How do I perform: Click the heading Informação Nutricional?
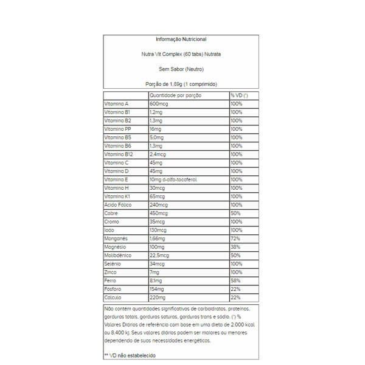[x=181, y=39]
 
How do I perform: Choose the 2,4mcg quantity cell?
[x=160, y=155]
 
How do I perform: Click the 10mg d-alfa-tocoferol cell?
[x=173, y=180]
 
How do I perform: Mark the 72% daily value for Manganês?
[x=235, y=239]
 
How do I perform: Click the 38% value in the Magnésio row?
[x=235, y=248]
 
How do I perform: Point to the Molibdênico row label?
[x=119, y=256]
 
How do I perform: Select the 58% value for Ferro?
[x=235, y=281]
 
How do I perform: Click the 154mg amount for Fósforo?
[x=158, y=290]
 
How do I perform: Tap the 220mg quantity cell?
[x=159, y=298]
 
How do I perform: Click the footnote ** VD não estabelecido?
[x=129, y=354]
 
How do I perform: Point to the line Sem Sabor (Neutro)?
[x=181, y=69]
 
